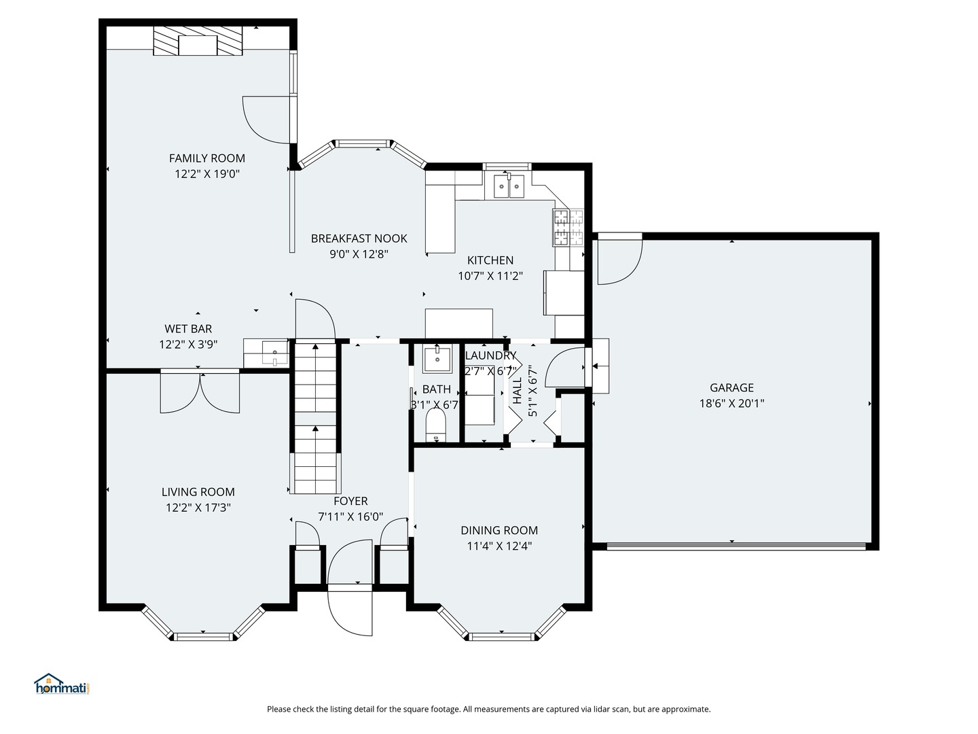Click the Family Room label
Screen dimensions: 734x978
click(207, 158)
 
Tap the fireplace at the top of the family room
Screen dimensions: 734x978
click(198, 42)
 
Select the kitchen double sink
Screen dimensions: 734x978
click(509, 186)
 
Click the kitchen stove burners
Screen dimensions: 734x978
click(568, 227)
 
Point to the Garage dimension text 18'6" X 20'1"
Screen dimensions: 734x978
click(731, 403)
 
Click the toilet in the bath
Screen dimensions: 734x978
click(435, 425)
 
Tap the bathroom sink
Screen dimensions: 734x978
click(437, 359)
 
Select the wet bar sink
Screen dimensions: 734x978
click(274, 353)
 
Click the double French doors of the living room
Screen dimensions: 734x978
click(200, 393)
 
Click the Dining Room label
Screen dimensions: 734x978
click(499, 530)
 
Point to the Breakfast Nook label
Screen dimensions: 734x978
click(359, 239)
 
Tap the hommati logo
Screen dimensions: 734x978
click(62, 684)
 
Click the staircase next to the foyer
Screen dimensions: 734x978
click(316, 417)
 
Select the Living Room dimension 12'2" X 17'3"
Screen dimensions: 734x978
click(198, 507)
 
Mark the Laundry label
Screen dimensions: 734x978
click(490, 355)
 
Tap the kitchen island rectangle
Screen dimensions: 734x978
click(458, 323)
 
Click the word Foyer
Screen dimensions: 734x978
click(350, 501)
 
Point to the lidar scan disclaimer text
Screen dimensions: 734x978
click(488, 709)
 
